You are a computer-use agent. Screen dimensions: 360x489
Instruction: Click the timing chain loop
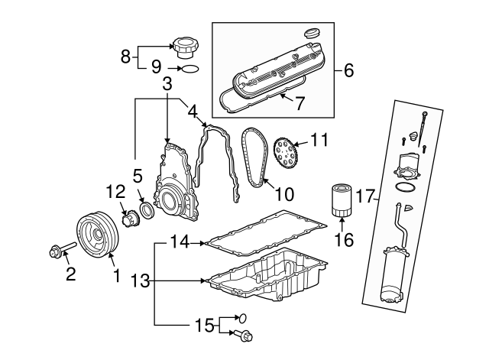pos(251,156)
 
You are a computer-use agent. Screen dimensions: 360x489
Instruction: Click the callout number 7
pos(300,103)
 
